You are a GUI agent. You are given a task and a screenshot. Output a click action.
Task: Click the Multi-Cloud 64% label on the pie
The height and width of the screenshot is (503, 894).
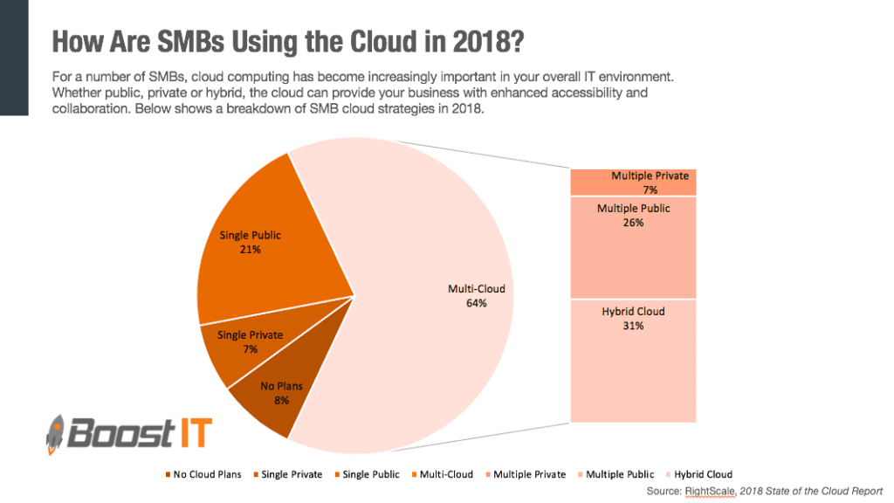[463, 295]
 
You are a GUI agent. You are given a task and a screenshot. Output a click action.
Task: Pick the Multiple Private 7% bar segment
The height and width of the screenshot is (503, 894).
[633, 183]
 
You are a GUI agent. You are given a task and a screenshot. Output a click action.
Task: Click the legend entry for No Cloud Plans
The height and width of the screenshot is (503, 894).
[203, 474]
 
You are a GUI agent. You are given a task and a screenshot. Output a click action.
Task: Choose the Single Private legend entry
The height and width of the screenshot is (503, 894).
[287, 474]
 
